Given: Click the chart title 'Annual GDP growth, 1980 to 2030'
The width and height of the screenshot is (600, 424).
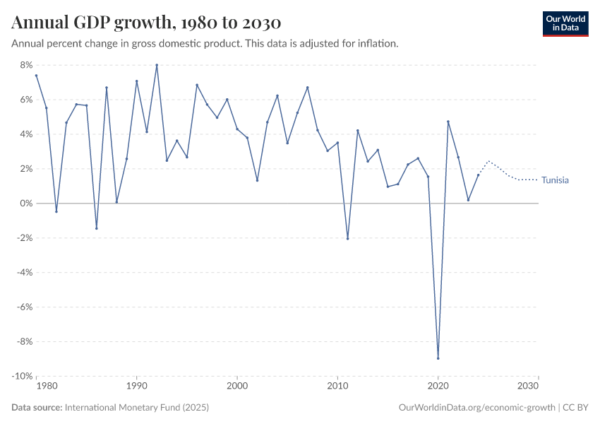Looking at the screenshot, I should (x=146, y=23).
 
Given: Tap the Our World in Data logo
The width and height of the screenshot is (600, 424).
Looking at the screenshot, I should (x=565, y=23).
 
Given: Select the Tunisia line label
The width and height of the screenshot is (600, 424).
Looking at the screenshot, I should (x=555, y=180).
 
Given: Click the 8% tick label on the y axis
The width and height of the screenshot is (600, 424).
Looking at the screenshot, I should (x=26, y=65).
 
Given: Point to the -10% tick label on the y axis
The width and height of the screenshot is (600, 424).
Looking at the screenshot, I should (x=23, y=376).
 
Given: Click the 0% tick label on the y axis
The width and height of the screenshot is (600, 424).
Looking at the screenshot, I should (x=26, y=204).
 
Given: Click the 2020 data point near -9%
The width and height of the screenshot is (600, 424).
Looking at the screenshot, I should (x=438, y=358).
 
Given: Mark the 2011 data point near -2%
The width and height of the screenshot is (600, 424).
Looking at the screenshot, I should (x=348, y=238).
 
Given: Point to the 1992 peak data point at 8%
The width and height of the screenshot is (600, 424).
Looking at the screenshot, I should (x=157, y=65).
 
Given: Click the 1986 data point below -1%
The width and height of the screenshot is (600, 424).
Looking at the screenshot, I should (x=97, y=228).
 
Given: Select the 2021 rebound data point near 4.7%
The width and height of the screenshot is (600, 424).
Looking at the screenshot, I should (x=448, y=122).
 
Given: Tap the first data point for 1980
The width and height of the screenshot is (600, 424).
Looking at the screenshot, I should (x=36, y=76).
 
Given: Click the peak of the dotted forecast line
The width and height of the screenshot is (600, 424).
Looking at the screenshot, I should (x=488, y=161).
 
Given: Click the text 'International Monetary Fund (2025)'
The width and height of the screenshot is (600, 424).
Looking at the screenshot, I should (x=136, y=408).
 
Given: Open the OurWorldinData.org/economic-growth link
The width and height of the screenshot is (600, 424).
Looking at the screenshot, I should (x=477, y=408).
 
